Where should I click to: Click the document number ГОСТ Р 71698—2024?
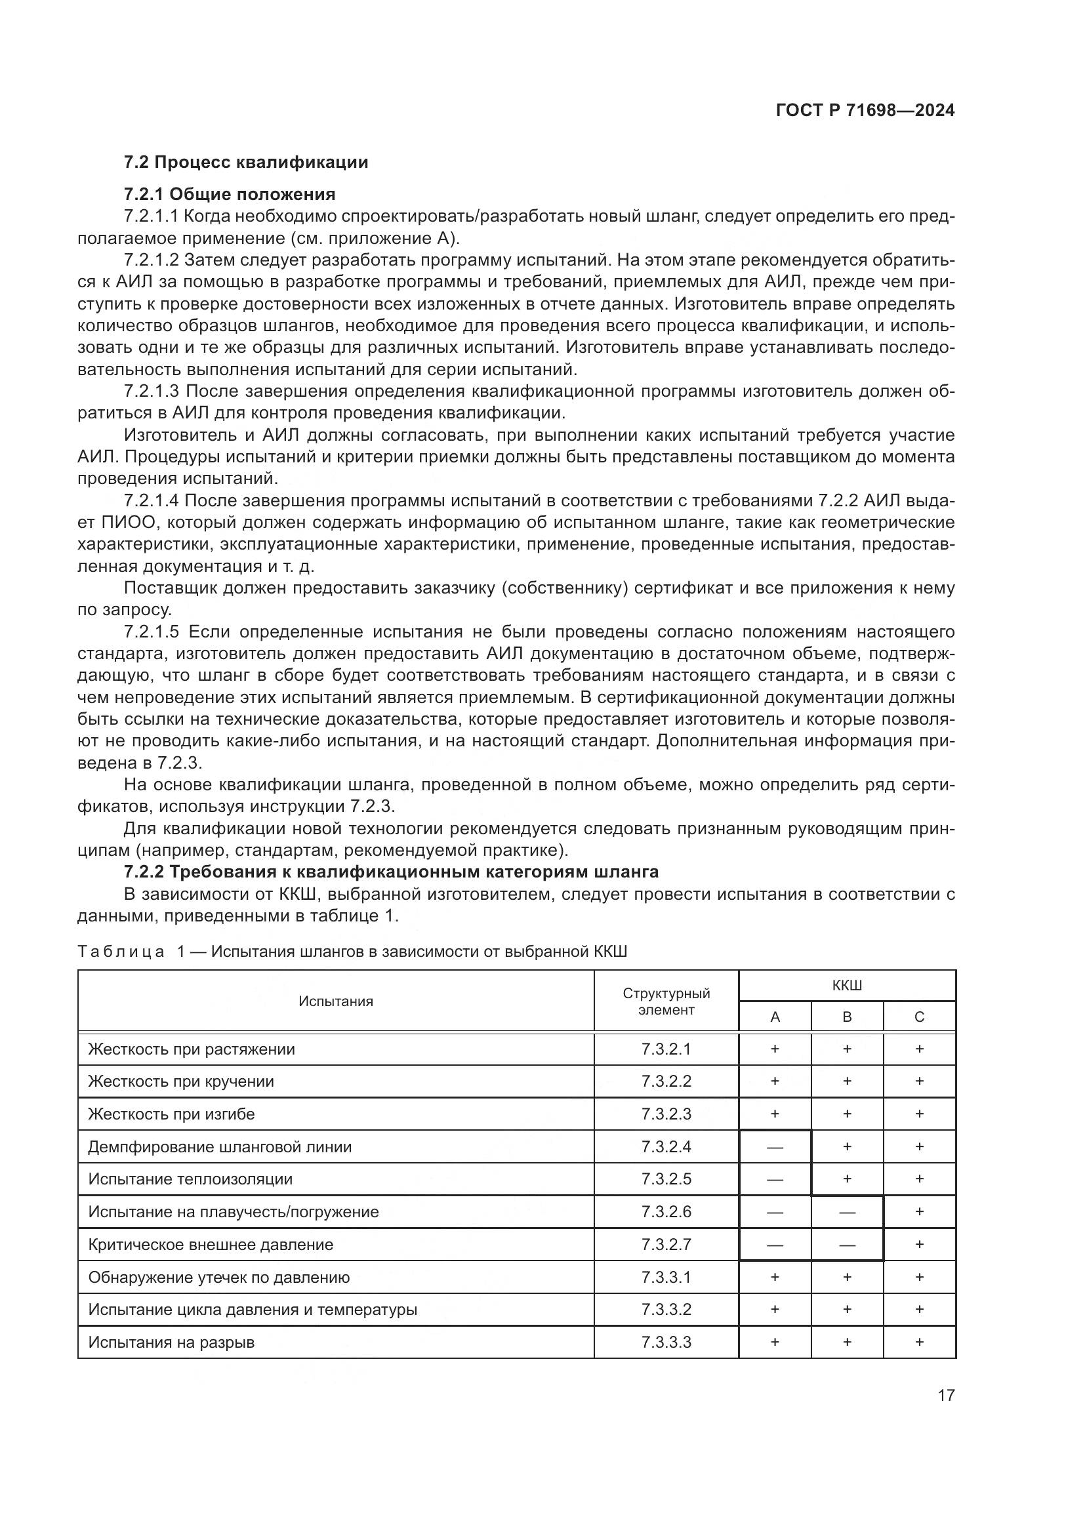[865, 111]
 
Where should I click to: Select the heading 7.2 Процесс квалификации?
[246, 163]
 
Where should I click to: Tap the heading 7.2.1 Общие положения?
[229, 194]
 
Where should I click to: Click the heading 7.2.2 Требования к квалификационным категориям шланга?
[391, 872]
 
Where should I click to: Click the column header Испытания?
[335, 1001]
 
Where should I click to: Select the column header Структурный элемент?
[666, 1001]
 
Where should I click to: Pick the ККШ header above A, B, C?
[846, 986]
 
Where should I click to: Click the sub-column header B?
[846, 1017]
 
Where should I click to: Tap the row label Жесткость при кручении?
[181, 1081]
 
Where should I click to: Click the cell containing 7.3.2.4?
[666, 1147]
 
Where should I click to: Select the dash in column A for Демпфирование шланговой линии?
[775, 1147]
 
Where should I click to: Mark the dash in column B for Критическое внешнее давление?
[846, 1245]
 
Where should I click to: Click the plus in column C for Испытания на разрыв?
[919, 1342]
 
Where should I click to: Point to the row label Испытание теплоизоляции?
[190, 1179]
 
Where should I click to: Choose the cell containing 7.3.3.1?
[666, 1278]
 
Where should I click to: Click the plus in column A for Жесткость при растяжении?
[775, 1049]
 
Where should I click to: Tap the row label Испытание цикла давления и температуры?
[253, 1310]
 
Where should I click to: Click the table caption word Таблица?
[121, 952]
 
